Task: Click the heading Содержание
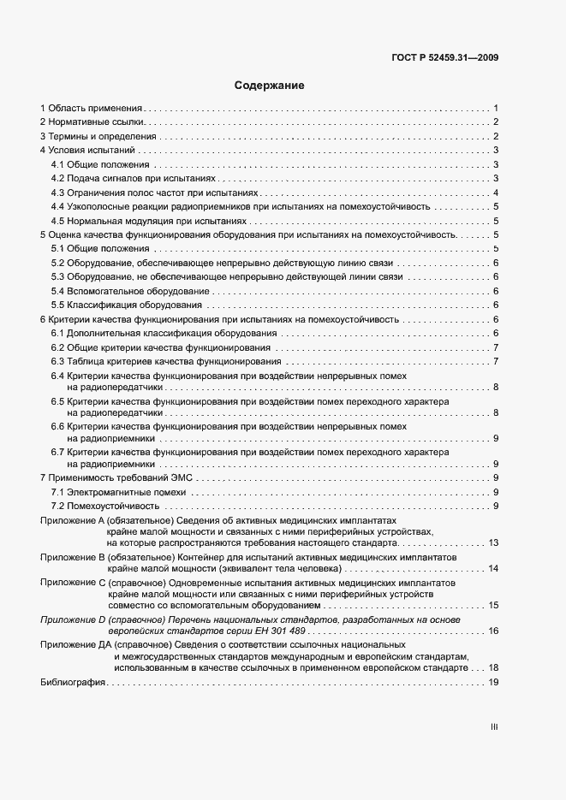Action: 270,86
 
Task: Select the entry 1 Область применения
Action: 91,109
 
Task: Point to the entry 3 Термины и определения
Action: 98,136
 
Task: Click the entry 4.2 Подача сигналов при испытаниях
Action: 134,178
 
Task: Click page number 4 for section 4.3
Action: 496,193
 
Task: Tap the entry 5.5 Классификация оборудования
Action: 126,305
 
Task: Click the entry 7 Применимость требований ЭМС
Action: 120,477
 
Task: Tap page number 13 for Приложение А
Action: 493,543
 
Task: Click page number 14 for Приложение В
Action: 493,568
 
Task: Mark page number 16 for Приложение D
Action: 493,631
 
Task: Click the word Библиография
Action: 72,682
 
